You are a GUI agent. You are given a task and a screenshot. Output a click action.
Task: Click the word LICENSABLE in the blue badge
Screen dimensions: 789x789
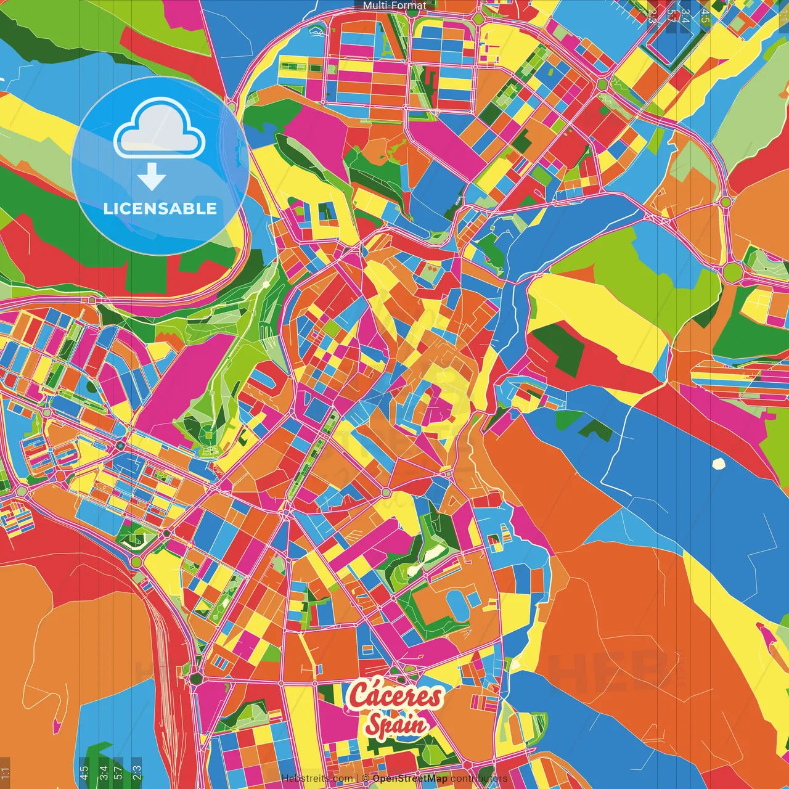pyautogui.click(x=160, y=208)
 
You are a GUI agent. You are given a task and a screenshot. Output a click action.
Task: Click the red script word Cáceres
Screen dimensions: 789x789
pyautogui.click(x=395, y=695)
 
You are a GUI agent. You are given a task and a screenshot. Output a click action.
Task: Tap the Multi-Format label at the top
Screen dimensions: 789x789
pyautogui.click(x=394, y=6)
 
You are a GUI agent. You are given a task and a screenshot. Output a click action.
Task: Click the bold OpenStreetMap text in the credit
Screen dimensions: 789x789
pyautogui.click(x=410, y=779)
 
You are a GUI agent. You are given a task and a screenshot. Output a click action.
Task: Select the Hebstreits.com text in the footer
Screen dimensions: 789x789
pyautogui.click(x=317, y=779)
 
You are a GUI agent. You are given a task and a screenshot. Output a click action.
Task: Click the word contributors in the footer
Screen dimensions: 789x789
pyautogui.click(x=479, y=779)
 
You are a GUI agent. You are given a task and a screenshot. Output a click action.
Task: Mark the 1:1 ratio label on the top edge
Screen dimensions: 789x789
pyautogui.click(x=783, y=12)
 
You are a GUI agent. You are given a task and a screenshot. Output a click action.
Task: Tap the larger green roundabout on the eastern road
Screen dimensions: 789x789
pyautogui.click(x=732, y=271)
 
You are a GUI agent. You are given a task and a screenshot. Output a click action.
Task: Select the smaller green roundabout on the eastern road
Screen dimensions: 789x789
pyautogui.click(x=726, y=202)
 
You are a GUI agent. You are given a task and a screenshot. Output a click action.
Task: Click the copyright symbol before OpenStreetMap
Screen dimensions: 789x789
pyautogui.click(x=366, y=779)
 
